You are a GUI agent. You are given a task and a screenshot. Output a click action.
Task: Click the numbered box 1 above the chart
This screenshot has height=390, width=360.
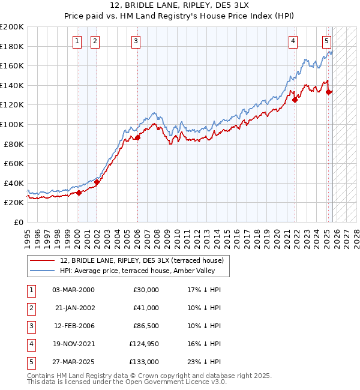pyautogui.click(x=78, y=41)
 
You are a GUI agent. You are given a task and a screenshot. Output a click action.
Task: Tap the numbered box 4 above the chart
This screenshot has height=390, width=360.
pyautogui.click(x=293, y=41)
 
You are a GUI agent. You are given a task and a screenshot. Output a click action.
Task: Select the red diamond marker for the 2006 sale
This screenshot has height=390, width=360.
pyautogui.click(x=137, y=137)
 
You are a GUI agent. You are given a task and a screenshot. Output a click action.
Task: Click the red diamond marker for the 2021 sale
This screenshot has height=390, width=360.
pyautogui.click(x=295, y=100)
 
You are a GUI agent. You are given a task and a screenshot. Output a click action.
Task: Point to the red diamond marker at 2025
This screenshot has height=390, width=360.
pyautogui.click(x=328, y=92)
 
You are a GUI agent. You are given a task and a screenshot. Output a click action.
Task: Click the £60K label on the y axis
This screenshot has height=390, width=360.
pyautogui.click(x=14, y=163)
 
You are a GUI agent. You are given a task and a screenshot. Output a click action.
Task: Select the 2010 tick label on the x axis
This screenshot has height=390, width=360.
pyautogui.click(x=177, y=235)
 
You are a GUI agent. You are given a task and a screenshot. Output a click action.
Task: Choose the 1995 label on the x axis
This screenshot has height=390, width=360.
pyautogui.click(x=28, y=235)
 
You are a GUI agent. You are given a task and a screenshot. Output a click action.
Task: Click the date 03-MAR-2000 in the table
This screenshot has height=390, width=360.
pyautogui.click(x=73, y=290)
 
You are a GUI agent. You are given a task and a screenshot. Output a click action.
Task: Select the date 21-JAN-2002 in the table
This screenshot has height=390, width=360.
pyautogui.click(x=73, y=308)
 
